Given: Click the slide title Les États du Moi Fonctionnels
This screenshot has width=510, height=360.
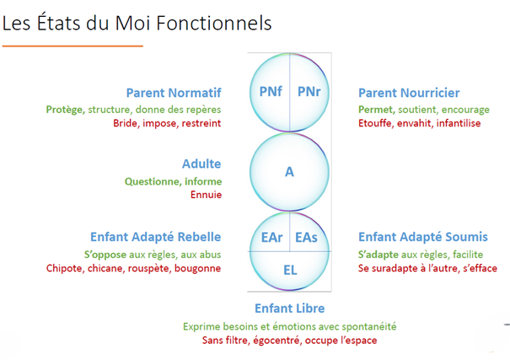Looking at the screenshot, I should point(137,23).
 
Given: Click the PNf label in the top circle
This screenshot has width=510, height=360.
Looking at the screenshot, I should point(269,91).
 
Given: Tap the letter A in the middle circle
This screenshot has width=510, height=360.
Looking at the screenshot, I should point(289,172).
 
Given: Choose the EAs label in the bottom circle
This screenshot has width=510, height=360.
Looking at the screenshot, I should point(307,239).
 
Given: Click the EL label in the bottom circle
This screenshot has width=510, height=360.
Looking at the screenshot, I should point(289,270).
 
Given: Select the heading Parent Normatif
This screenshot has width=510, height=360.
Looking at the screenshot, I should point(174,93).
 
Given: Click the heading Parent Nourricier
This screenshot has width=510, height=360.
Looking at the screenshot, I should point(409,93).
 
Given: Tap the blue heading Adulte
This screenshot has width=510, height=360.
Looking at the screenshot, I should point(201,164).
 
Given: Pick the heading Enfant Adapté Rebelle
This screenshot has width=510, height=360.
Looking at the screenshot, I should point(155,237).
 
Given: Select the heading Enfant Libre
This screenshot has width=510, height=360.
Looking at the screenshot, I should point(289,309).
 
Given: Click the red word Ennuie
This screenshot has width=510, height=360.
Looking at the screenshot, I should point(206,195).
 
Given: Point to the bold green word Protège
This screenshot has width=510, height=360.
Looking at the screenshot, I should point(65,110).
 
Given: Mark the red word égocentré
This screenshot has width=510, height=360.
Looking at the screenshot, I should point(274,341).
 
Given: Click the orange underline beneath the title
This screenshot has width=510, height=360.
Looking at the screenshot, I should point(72,46).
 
